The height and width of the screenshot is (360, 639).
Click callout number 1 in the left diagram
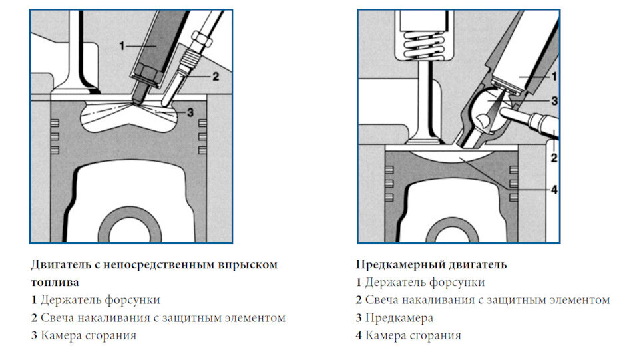[x=122, y=46]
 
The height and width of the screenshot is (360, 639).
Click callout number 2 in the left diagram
[x=215, y=77]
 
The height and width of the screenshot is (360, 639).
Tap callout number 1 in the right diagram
[x=553, y=77]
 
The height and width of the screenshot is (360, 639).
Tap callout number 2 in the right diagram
[x=553, y=158]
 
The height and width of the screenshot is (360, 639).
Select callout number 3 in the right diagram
[x=553, y=100]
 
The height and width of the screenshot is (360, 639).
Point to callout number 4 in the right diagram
[x=553, y=189]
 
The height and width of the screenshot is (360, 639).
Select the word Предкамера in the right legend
[x=399, y=318]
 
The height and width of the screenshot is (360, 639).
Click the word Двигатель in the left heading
[x=61, y=265]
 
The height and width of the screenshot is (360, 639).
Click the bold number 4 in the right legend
[x=359, y=336]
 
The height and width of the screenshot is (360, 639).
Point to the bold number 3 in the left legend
[x=34, y=336]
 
